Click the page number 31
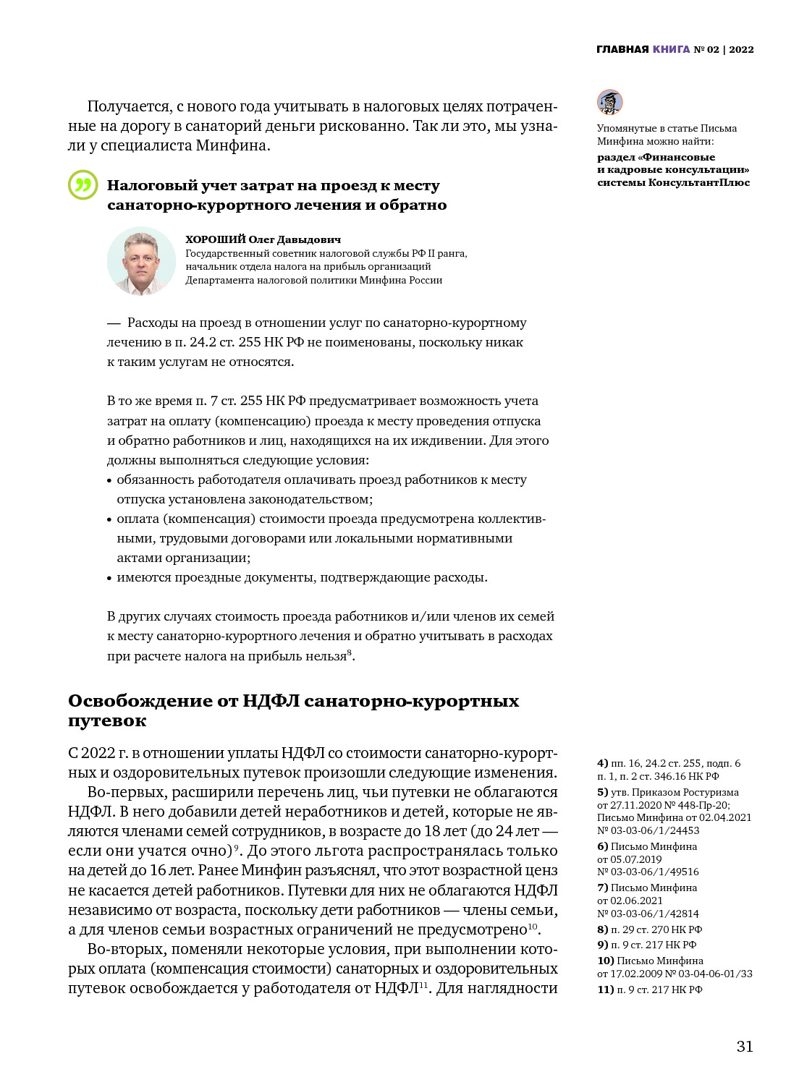point(745,1046)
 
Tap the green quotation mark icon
point(83,185)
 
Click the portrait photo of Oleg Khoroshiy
point(141,261)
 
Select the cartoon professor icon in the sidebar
point(609,102)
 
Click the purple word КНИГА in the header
point(671,49)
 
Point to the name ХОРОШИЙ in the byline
point(216,239)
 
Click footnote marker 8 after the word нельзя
point(350,652)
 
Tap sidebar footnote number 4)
point(602,763)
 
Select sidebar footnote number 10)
point(605,961)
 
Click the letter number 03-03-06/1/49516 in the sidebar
point(648,872)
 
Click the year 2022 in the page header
point(741,49)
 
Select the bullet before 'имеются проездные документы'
point(109,578)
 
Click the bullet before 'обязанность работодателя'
point(109,480)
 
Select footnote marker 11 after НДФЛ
point(423,984)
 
